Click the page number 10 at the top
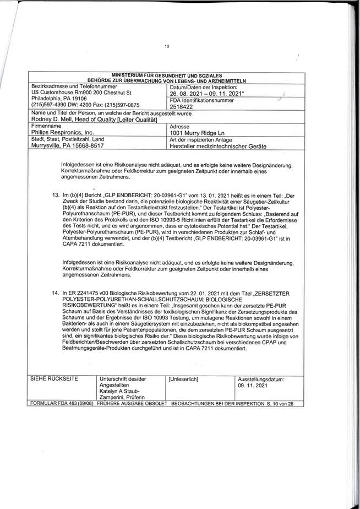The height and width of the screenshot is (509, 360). pos(167,46)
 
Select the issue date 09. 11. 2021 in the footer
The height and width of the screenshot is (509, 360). pos(252,387)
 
